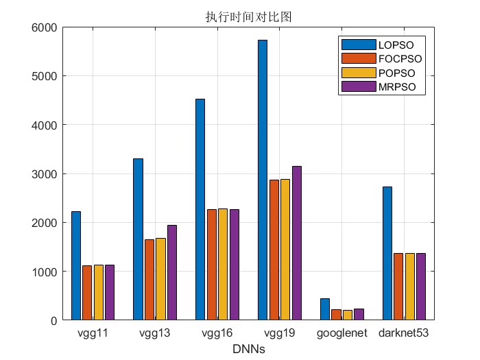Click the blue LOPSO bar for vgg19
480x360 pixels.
point(263,180)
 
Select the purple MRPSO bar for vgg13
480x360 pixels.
point(172,273)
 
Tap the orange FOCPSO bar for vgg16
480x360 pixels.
point(212,265)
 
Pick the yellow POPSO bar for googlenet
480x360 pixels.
point(348,315)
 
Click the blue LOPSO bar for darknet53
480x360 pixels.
point(387,254)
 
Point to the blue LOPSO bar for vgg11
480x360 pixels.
point(76,266)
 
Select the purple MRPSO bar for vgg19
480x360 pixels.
point(297,243)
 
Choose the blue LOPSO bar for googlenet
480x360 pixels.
point(325,309)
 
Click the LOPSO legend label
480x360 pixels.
point(396,45)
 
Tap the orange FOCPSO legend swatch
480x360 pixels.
point(359,58)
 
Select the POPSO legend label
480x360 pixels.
point(397,73)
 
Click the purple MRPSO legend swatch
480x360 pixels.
point(359,86)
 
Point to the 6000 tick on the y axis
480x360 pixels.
point(45,28)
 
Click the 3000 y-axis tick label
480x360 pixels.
point(45,174)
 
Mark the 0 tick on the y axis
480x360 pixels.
point(54,321)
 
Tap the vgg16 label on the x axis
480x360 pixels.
point(217,333)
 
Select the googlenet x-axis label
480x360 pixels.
point(342,333)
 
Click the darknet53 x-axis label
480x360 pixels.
point(403,333)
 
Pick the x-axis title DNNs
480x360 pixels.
point(248,349)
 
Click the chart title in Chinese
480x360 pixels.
point(248,17)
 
